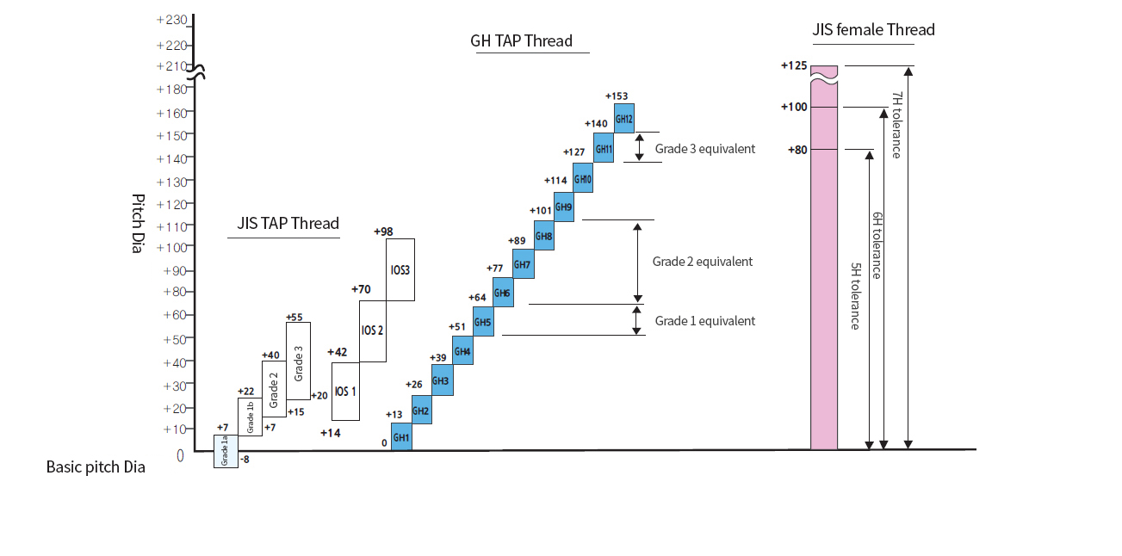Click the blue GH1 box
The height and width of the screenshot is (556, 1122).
(x=401, y=436)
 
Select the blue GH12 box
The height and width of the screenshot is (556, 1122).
(x=624, y=118)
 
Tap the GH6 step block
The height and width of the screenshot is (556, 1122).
(x=503, y=293)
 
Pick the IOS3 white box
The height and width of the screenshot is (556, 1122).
(x=400, y=269)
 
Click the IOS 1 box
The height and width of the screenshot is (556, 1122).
(x=345, y=391)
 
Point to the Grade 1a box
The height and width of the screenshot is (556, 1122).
(x=226, y=451)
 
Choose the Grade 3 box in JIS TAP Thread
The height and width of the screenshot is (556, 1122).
(x=298, y=361)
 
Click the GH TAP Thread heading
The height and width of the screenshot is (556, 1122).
(x=521, y=41)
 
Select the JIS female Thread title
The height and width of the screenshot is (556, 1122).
(x=873, y=30)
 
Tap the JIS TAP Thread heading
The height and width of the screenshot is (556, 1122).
(x=288, y=224)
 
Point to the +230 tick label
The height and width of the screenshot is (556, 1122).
(x=171, y=20)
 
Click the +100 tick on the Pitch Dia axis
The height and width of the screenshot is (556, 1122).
(x=171, y=247)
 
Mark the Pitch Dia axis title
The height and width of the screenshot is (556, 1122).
(x=138, y=223)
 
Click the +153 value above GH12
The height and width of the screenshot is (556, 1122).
(x=618, y=96)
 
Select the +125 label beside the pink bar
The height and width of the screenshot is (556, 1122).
(x=795, y=65)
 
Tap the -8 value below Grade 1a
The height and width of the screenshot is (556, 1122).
(x=245, y=460)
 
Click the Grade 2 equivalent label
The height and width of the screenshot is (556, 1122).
(x=703, y=262)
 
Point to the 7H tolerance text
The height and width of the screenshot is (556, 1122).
(x=896, y=125)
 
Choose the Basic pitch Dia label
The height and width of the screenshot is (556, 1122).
(x=96, y=467)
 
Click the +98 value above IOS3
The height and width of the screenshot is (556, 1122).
(x=383, y=232)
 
